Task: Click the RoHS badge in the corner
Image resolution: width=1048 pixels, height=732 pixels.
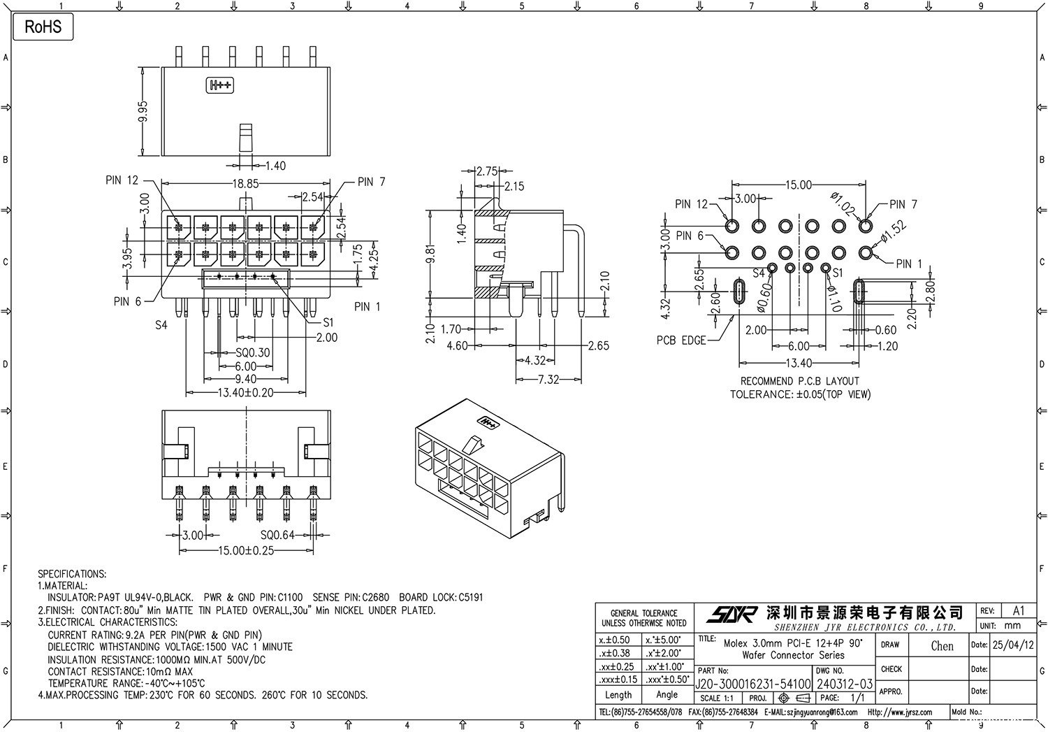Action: tap(43, 27)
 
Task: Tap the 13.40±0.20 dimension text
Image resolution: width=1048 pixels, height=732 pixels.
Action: tap(246, 393)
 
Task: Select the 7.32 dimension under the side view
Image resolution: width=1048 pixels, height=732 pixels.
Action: tap(548, 379)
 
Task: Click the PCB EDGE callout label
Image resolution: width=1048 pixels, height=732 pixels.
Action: tap(681, 340)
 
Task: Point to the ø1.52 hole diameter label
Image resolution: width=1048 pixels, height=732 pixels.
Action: tap(894, 231)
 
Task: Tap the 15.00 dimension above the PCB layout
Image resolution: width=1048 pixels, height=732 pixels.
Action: tap(799, 185)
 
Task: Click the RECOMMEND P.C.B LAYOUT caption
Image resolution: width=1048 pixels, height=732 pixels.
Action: tap(800, 381)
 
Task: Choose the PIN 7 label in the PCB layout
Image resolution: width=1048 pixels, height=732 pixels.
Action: tap(903, 204)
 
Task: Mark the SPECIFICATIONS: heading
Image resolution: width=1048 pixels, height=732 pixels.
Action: tap(72, 574)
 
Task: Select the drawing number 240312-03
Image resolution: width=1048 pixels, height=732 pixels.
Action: tap(845, 683)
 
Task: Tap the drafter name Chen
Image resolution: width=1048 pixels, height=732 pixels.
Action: tap(942, 646)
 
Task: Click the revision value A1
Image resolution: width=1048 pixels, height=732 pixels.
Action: tap(1019, 610)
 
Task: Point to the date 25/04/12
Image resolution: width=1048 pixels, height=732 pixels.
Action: tap(1012, 645)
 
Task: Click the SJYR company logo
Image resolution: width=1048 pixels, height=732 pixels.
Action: tap(732, 614)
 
